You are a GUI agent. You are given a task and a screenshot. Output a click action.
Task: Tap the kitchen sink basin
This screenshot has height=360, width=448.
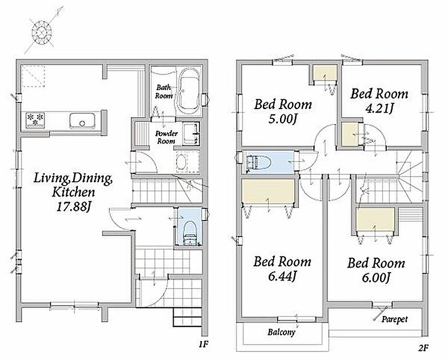82,121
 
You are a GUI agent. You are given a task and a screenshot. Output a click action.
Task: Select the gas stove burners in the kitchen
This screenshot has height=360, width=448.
35,119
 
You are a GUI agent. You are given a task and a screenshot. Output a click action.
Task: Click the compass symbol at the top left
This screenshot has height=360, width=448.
42,32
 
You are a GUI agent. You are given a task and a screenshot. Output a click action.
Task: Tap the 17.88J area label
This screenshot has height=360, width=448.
73,207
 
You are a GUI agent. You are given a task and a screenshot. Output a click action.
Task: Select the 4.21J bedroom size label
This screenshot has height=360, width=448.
379,109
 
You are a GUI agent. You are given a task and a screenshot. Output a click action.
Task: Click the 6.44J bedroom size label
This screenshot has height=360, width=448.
282,277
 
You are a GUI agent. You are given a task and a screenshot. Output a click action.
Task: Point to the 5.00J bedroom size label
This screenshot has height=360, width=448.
282,119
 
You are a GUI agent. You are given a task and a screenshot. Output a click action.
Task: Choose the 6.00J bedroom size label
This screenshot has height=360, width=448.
376,277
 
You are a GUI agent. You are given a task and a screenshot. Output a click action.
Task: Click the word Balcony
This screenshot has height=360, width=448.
281,333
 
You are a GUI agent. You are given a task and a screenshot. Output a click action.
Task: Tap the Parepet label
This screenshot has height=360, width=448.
394,319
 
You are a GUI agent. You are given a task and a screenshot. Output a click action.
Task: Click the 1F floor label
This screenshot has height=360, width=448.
203,344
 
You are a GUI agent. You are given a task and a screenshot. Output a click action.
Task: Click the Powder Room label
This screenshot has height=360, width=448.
166,137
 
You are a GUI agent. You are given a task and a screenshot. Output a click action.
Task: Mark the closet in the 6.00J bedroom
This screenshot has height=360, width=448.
375,219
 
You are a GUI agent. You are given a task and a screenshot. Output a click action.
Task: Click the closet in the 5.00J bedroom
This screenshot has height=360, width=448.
324,73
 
